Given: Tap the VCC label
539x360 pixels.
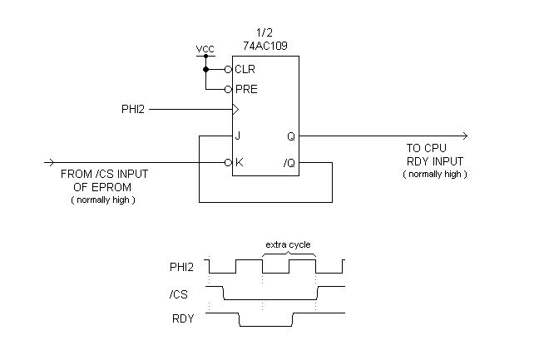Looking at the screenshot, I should coord(205,49).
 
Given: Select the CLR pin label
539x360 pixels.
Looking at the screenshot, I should coord(245,70).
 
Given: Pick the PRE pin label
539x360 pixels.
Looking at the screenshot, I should coord(246,89).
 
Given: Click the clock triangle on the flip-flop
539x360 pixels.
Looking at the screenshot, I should coord(235,109).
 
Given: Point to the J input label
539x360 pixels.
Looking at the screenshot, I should coord(237,136).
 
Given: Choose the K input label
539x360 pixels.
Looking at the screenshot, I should coord(239,162).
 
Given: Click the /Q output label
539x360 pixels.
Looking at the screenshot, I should coord(289,162).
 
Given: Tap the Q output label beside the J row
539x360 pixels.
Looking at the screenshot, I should coord(290,136).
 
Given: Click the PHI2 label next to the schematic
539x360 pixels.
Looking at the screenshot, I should coord(135,109).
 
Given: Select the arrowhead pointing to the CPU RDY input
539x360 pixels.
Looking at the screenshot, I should coord(463,136).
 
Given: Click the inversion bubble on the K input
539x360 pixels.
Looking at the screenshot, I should coord(227,162).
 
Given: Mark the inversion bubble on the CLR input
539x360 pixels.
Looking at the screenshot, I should coord(227,70).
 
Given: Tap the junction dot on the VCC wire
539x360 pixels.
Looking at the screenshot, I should coord(205,70).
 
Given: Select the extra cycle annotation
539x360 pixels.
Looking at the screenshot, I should coord(288,244).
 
